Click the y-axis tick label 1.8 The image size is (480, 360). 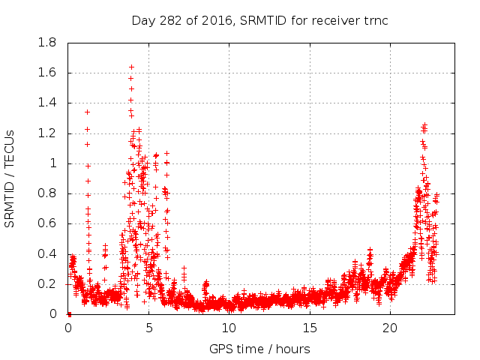48,43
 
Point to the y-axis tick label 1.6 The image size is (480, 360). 48,73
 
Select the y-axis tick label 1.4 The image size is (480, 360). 48,103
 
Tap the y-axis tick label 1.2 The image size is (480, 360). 48,133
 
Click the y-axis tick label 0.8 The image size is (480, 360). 48,193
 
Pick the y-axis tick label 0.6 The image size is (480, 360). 48,223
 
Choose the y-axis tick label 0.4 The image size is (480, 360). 48,253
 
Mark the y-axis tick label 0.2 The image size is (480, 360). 48,283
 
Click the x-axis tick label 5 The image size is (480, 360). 148,328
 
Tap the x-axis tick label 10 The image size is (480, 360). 229,328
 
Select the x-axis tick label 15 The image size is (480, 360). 309,328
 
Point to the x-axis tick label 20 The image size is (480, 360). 390,328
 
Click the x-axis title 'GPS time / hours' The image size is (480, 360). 260,349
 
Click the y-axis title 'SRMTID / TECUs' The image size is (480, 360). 10,178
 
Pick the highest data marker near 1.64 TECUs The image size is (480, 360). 131,67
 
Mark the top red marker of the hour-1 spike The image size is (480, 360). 87,112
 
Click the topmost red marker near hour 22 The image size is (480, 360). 424,124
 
